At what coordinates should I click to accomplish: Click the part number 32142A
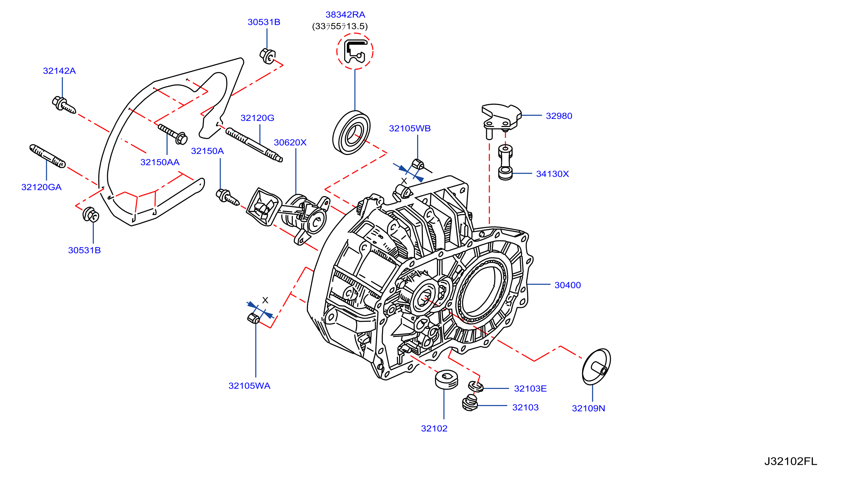point(59,71)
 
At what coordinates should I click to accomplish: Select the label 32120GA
point(41,187)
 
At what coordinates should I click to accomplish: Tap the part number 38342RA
point(345,14)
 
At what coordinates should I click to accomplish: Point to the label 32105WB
point(410,128)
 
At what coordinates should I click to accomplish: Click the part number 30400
point(567,285)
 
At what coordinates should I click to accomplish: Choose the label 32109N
point(588,408)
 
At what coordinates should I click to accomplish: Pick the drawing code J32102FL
point(791,461)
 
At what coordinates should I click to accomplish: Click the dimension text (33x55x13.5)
point(340,26)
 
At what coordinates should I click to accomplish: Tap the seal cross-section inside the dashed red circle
point(355,51)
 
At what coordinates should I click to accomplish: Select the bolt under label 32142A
point(64,105)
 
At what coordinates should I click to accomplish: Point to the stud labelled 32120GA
point(48,156)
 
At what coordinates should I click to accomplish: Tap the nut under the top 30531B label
point(267,56)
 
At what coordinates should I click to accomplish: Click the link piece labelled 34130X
point(505,162)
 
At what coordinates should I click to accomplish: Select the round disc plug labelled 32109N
point(596,367)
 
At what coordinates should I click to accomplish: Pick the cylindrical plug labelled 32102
point(446,380)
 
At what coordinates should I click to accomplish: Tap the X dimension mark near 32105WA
point(265,300)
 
